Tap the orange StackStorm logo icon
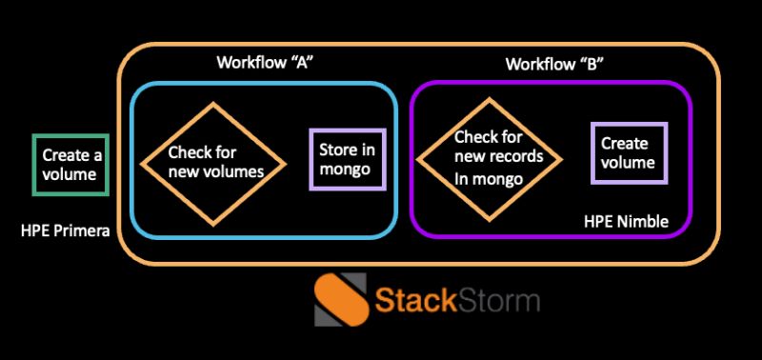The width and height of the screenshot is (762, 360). (x=341, y=299)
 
